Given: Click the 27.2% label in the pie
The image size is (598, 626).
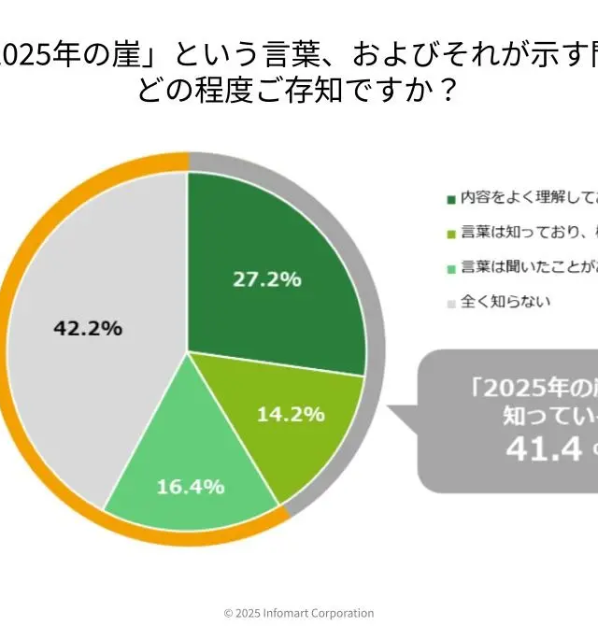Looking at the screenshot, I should [266, 278].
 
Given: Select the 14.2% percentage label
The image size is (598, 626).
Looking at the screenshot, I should [290, 414].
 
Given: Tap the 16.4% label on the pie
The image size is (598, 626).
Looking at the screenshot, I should [191, 487].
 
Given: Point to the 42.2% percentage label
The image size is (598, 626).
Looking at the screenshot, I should [89, 329].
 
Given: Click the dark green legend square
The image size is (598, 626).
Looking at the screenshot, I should [451, 199].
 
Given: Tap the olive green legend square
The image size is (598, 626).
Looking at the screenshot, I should [451, 234].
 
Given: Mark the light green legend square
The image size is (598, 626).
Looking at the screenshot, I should [451, 268].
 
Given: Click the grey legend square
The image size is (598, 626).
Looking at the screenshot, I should [451, 303].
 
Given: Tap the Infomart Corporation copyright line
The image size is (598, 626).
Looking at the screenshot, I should [299, 613].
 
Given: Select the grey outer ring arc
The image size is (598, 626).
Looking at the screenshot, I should [375, 280].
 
